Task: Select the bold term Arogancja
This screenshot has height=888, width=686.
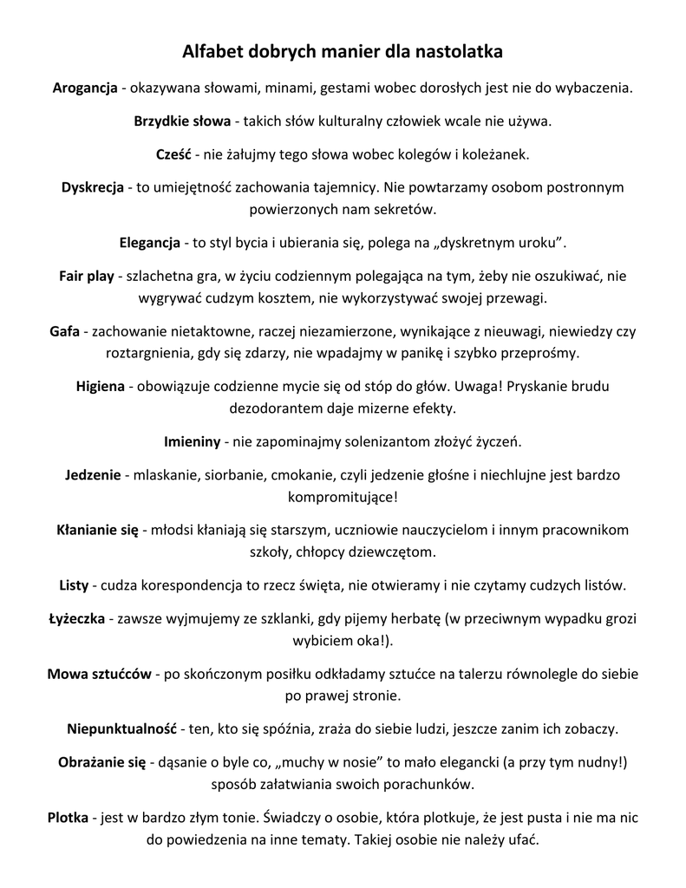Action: pyautogui.click(x=85, y=88)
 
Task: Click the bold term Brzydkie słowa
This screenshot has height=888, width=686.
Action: pyautogui.click(x=182, y=121)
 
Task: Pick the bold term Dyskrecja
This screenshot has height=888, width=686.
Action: pyautogui.click(x=93, y=187)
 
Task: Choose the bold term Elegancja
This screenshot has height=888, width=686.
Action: pyautogui.click(x=150, y=242)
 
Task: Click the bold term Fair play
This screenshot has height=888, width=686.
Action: pyautogui.click(x=87, y=277)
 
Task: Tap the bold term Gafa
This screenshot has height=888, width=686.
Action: pyautogui.click(x=65, y=331)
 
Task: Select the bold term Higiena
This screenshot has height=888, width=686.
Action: pyautogui.click(x=101, y=386)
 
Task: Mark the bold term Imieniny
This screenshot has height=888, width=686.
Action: pyautogui.click(x=193, y=441)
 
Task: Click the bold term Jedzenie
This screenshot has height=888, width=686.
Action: pyautogui.click(x=95, y=475)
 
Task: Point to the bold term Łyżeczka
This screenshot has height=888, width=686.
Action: pyautogui.click(x=76, y=618)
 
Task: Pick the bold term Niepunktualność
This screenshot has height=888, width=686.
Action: pyautogui.click(x=122, y=728)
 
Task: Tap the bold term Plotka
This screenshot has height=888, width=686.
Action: pyautogui.click(x=69, y=817)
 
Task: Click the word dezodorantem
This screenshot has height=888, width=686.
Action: pyautogui.click(x=271, y=407)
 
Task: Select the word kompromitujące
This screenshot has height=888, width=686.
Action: pyautogui.click(x=341, y=497)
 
